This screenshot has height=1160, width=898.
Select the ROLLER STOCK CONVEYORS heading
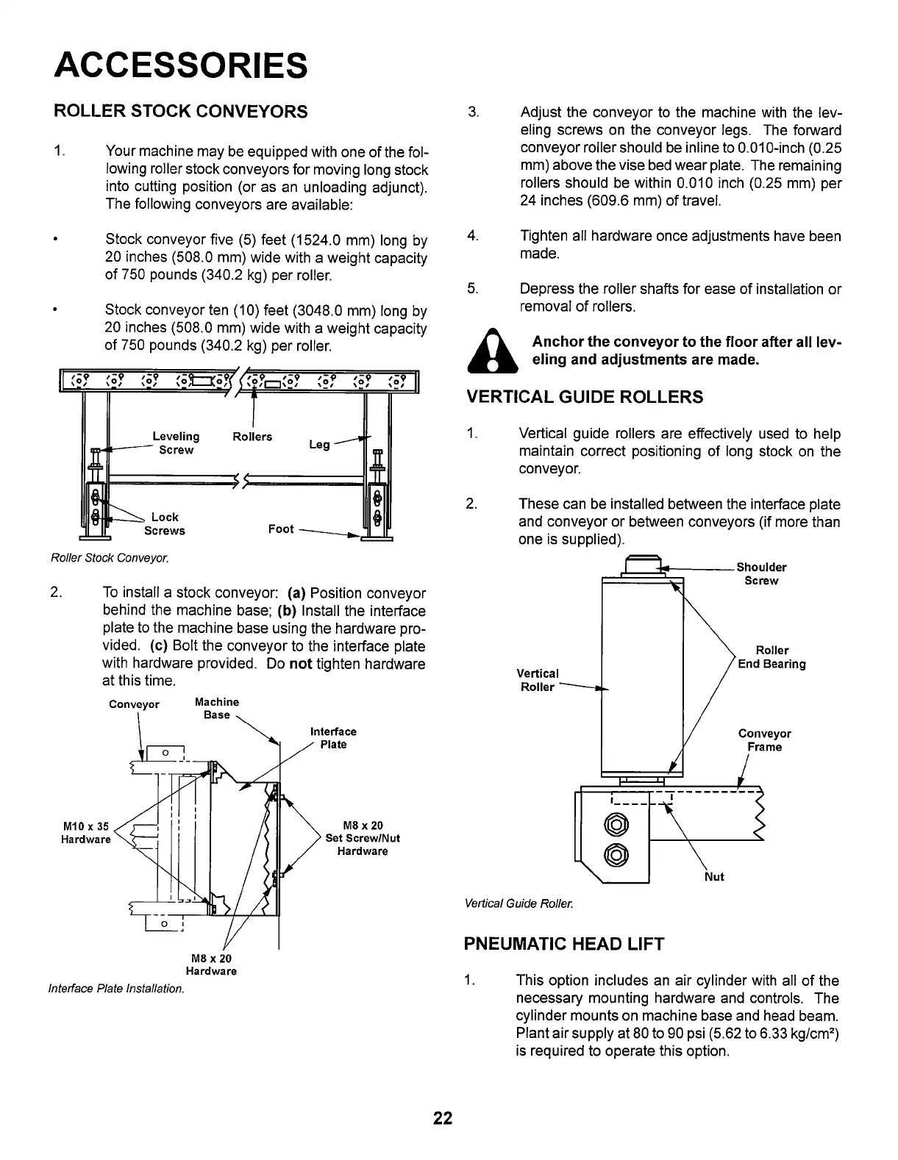coord(181,112)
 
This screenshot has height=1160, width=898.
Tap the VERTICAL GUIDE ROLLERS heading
coord(585,398)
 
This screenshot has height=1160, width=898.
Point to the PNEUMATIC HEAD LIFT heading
coord(564,945)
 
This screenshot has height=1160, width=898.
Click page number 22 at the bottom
coord(443,1119)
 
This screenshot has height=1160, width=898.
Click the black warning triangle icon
coord(494,351)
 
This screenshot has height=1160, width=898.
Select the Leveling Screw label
coord(176,443)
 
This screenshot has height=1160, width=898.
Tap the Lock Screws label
coord(165,524)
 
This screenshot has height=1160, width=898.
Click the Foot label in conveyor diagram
coord(281,529)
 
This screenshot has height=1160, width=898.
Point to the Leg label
coord(319,445)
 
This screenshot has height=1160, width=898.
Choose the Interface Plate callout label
coord(333,738)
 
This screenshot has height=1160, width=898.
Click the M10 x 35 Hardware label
coord(86,832)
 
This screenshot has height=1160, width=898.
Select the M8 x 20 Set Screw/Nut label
coord(363,838)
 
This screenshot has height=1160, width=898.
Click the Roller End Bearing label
coord(772,657)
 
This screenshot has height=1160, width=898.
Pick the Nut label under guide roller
coord(714,876)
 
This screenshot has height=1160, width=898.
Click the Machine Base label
coord(217,708)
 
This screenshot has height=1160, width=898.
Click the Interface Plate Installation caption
coord(115,989)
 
